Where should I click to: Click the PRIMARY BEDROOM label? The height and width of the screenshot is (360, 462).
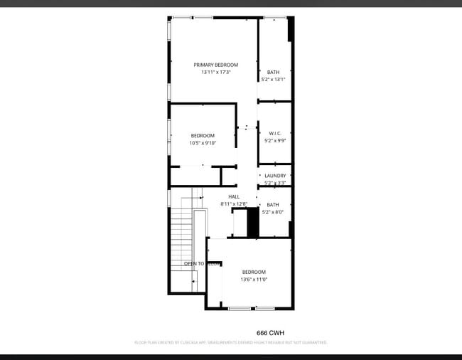click(216, 65)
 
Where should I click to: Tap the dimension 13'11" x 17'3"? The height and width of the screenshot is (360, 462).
click(216, 72)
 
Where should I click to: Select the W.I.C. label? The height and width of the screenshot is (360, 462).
click(275, 133)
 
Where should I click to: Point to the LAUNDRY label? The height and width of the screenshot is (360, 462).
click(275, 176)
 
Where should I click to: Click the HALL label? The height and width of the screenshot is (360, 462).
click(234, 196)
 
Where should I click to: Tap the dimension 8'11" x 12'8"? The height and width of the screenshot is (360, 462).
click(234, 204)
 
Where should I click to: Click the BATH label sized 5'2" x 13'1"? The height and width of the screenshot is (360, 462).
click(274, 72)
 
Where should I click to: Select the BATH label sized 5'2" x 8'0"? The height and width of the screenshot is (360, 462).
click(274, 204)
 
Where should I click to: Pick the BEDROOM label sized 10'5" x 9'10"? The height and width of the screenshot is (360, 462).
click(203, 135)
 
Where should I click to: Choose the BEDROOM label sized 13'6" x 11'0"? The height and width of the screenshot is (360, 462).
click(254, 272)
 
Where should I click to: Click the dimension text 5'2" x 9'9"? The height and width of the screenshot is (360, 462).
click(275, 141)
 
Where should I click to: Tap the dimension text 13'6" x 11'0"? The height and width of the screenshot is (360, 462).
click(254, 280)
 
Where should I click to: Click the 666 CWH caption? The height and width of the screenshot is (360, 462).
click(270, 332)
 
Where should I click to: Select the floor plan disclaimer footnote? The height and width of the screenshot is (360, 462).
click(231, 343)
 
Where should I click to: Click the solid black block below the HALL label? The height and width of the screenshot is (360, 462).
click(252, 223)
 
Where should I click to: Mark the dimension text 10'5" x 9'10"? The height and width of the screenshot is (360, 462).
click(203, 143)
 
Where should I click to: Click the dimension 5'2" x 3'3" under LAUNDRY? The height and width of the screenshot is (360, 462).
click(275, 183)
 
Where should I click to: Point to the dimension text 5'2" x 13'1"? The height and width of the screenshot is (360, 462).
click(274, 80)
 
